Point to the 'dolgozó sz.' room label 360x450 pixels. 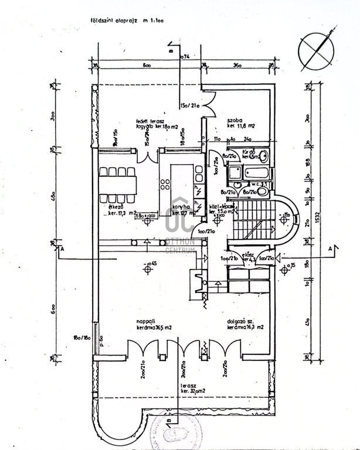[x=242, y=322]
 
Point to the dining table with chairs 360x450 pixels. [x=118, y=181]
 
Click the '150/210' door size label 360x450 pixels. [x=191, y=105]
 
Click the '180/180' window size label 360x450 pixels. [x=81, y=338]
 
